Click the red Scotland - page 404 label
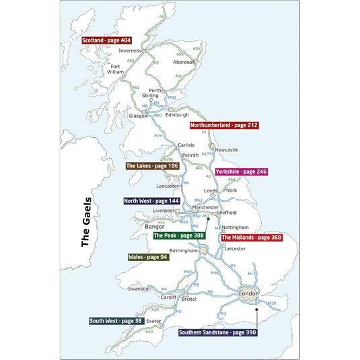[x=106, y=40]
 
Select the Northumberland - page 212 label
[x=224, y=125]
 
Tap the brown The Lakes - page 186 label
[x=151, y=166]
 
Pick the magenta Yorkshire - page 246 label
[x=241, y=172]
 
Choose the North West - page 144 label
[x=151, y=201]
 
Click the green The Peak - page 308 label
[x=179, y=236]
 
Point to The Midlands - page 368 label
[x=251, y=238]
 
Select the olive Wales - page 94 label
[x=148, y=257]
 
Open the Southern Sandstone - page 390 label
[x=217, y=332]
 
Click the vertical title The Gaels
[x=85, y=223]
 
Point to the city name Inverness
[x=130, y=50]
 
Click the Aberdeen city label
[x=184, y=62]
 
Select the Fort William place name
[x=117, y=69]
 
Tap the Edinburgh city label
[x=177, y=114]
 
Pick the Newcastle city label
[x=227, y=149]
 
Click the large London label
[x=249, y=294]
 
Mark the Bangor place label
[x=155, y=227]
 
